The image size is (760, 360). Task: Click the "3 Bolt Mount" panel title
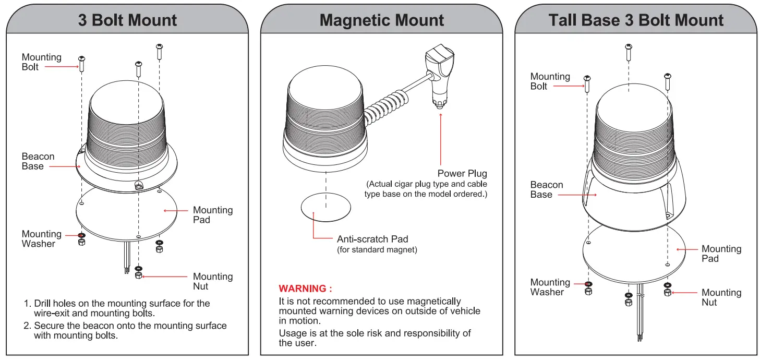tap(127, 20)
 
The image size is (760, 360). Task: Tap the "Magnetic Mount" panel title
tap(382, 20)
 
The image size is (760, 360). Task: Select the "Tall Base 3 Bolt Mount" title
tap(636, 20)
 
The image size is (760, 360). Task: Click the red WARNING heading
tap(305, 289)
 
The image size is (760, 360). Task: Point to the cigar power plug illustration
tap(440, 75)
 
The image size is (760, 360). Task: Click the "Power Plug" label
tap(462, 173)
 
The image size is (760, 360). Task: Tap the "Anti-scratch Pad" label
tap(372, 239)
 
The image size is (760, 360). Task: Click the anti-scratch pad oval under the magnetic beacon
tap(325, 207)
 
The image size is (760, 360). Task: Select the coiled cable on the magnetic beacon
tap(387, 109)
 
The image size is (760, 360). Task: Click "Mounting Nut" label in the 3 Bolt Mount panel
tap(213, 281)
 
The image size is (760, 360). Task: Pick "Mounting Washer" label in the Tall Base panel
tap(550, 287)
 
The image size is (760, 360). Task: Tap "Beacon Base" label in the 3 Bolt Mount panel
tap(38, 161)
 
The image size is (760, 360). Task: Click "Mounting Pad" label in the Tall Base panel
tap(721, 254)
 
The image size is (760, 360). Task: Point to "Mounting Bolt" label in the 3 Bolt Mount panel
tap(41, 62)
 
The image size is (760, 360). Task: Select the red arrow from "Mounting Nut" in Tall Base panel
tap(684, 293)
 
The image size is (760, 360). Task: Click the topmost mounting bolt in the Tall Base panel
tap(629, 52)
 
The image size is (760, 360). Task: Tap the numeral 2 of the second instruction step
tap(27, 326)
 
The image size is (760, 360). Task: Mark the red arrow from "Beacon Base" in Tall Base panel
tap(577, 195)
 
